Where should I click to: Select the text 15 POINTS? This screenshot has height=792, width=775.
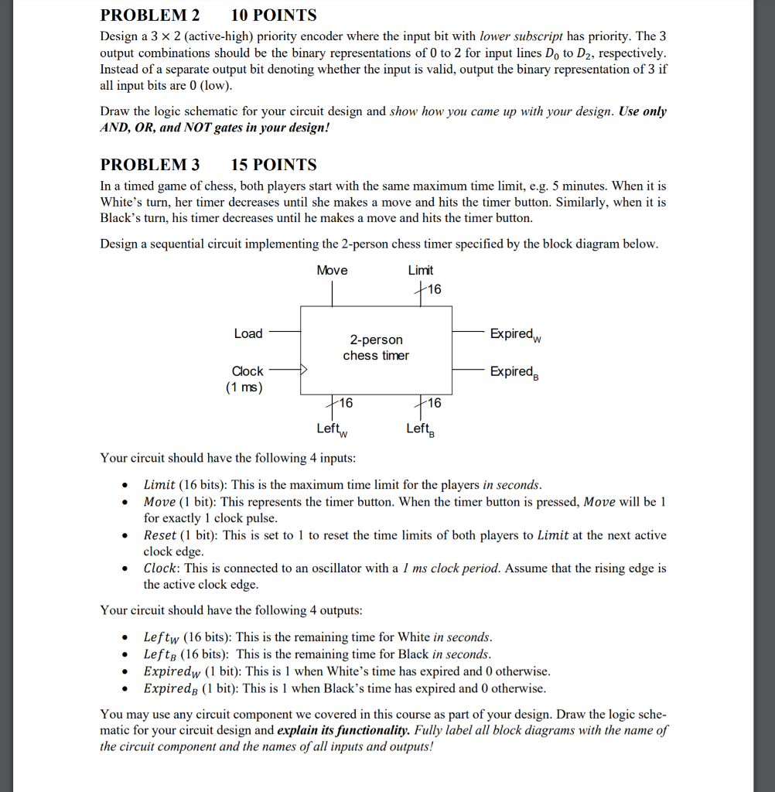tap(274, 165)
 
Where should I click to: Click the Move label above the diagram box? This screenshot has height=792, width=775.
tap(332, 270)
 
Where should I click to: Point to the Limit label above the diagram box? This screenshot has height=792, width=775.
tap(420, 270)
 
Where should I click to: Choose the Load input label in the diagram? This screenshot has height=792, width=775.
tap(248, 333)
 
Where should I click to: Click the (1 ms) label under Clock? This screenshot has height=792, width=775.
tap(244, 387)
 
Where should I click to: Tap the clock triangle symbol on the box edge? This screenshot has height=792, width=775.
tap(304, 371)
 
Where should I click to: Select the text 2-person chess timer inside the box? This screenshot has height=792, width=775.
tap(376, 347)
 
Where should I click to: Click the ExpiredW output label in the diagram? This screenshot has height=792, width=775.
tap(516, 334)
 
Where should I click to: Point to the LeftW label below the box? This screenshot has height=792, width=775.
tap(333, 429)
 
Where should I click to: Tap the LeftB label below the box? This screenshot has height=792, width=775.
tap(421, 429)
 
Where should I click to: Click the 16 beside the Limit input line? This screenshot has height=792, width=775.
tap(433, 289)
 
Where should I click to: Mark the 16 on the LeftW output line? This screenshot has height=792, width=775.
tap(344, 403)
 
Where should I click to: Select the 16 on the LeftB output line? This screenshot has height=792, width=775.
tap(433, 403)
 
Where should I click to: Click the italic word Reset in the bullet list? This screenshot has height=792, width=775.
tap(160, 535)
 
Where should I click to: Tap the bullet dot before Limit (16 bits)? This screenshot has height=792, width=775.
tap(124, 486)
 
